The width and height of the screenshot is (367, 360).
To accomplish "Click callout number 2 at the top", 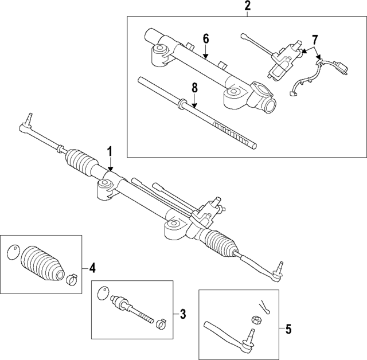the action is [x=247, y=6].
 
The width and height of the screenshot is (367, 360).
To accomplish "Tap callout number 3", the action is [x=183, y=314].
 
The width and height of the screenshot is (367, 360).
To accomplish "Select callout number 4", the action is [x=92, y=268].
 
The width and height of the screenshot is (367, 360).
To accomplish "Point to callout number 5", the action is [x=288, y=330].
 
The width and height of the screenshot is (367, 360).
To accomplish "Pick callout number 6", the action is [x=205, y=39].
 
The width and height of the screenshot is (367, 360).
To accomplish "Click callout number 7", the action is [x=315, y=40].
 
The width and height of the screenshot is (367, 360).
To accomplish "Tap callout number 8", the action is [x=194, y=88].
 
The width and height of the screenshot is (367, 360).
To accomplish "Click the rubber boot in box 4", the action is [x=42, y=263].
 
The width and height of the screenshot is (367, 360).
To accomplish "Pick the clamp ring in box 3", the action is [x=161, y=324].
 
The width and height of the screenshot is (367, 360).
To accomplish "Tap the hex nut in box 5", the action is [x=256, y=319].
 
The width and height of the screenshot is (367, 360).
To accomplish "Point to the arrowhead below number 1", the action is [x=110, y=169].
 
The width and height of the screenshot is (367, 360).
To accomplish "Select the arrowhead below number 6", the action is [x=205, y=56].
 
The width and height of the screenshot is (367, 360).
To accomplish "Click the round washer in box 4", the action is [x=13, y=252].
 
